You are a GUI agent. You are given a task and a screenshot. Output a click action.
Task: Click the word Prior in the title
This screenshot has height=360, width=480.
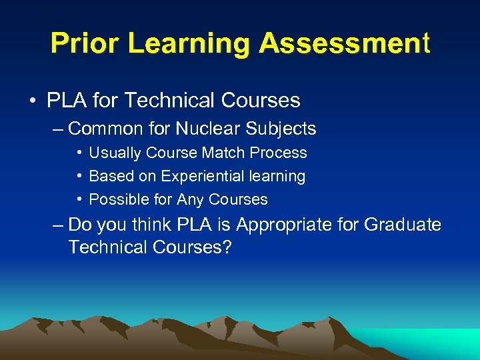click(x=85, y=44)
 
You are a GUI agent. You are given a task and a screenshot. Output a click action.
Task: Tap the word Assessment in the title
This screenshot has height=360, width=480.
click(x=345, y=44)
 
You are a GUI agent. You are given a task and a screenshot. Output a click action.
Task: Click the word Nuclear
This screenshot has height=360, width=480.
click(x=207, y=128)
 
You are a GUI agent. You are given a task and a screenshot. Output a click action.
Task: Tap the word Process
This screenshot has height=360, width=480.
click(x=279, y=153)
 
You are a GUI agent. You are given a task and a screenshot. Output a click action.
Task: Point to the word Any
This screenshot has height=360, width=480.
click(x=190, y=199)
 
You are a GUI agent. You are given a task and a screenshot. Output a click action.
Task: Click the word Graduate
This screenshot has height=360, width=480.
click(x=403, y=225)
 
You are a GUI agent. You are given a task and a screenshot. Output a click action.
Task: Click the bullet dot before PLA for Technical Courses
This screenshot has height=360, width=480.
click(x=33, y=101)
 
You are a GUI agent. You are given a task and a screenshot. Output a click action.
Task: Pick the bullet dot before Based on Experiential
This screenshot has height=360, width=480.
click(x=79, y=177)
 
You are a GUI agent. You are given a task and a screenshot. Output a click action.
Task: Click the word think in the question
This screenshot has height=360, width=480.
click(x=151, y=225)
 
